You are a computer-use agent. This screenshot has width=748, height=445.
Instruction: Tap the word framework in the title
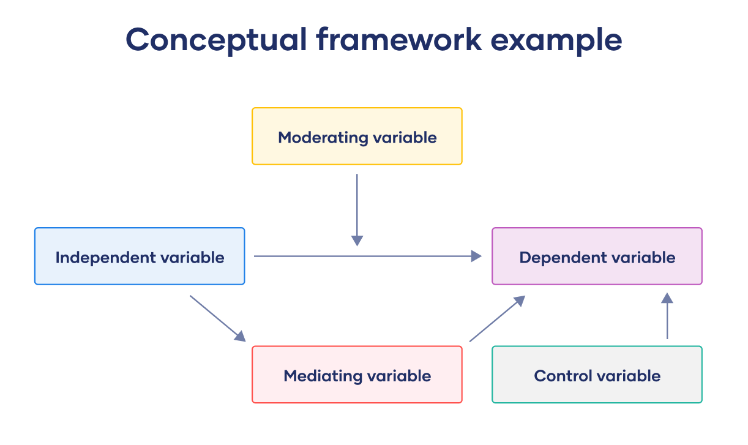coord(398,40)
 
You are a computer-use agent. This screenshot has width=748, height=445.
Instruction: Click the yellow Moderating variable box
coord(357,136)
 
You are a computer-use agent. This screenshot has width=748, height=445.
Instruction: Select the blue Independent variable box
coord(140,256)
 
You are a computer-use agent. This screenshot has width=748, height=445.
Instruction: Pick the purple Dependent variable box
coord(597,256)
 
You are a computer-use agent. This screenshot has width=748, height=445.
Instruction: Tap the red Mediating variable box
coord(357,375)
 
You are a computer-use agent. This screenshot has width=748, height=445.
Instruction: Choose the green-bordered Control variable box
coord(597,375)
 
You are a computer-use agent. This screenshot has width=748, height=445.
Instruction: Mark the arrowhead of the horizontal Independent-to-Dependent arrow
coord(476,256)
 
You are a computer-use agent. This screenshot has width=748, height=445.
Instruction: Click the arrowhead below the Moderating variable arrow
coord(357,241)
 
